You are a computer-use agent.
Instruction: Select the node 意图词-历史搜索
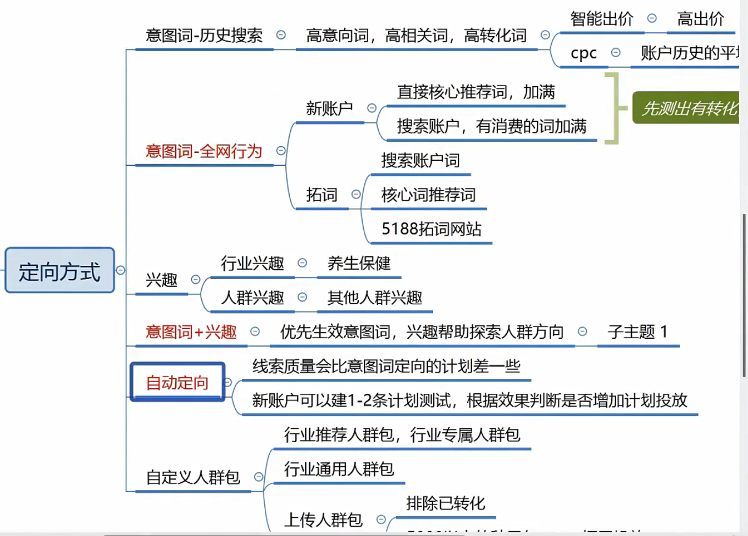click(x=204, y=36)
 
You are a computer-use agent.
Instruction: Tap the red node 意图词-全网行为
click(x=204, y=151)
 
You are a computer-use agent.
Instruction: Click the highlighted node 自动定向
click(x=177, y=382)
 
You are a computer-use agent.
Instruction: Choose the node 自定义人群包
click(x=193, y=477)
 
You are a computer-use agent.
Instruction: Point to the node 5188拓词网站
click(x=431, y=228)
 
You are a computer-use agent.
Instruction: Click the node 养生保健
click(x=359, y=264)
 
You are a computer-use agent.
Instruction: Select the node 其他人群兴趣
click(x=375, y=298)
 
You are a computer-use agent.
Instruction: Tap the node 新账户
click(x=329, y=108)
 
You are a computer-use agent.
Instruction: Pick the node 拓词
click(x=322, y=194)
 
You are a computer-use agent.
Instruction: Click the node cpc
click(x=584, y=53)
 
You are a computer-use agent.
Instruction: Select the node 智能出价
click(x=602, y=19)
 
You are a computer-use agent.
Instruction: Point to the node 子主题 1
click(x=638, y=332)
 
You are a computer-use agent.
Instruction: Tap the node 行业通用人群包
click(x=339, y=469)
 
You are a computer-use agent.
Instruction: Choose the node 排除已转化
click(x=446, y=503)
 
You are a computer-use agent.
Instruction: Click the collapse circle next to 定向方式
click(x=121, y=270)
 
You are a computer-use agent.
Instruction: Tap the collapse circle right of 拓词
click(x=356, y=194)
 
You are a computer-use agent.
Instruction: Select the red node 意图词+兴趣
click(x=191, y=332)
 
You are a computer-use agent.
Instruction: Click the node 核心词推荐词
click(x=428, y=194)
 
